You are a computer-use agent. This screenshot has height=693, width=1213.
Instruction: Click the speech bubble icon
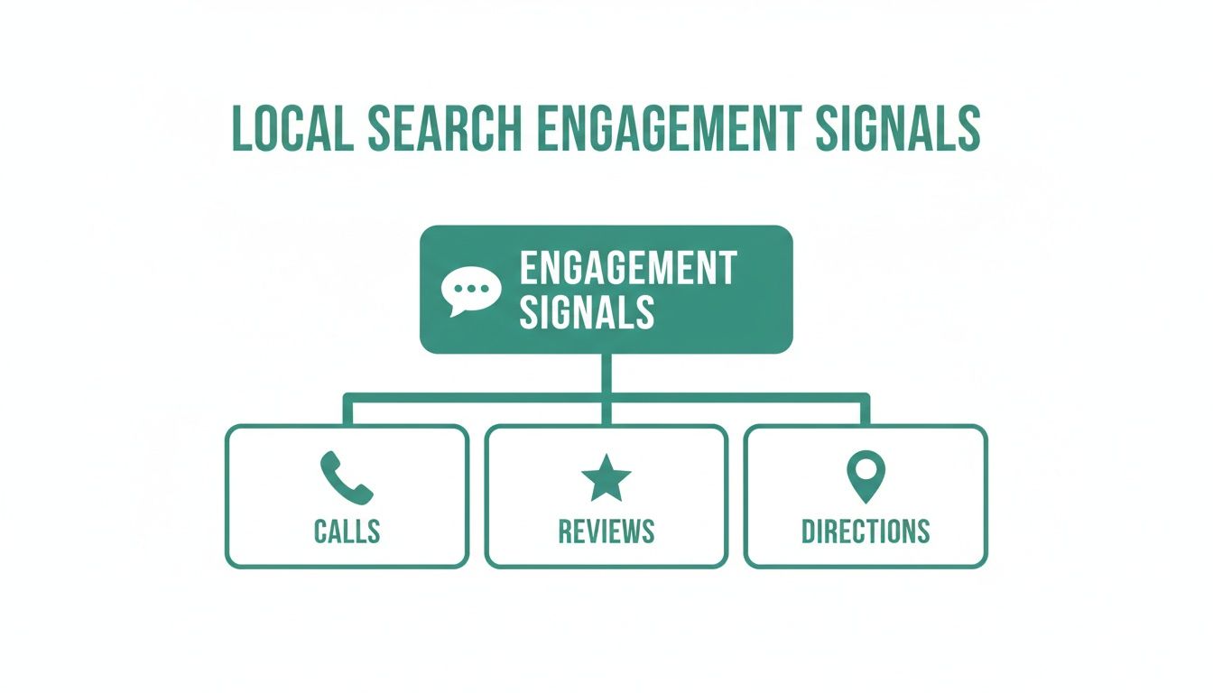(x=470, y=291)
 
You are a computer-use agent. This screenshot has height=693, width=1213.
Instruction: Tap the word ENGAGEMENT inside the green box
(x=628, y=268)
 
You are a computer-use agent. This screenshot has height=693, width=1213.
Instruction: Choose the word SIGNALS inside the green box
(x=587, y=311)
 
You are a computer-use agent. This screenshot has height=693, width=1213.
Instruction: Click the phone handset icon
(x=346, y=478)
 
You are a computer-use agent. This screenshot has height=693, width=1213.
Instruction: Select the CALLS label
(x=347, y=531)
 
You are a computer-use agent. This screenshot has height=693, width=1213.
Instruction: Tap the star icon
(x=606, y=479)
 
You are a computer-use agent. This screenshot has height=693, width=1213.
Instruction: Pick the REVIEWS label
(x=606, y=531)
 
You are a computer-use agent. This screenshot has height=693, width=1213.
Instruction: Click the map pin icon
(x=866, y=476)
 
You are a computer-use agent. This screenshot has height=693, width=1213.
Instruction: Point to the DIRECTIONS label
(x=866, y=531)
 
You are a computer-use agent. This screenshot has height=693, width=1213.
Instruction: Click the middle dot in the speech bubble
(x=471, y=288)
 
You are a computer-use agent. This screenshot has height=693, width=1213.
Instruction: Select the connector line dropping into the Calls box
(x=347, y=411)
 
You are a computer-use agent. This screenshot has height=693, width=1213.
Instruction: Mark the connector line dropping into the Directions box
(x=865, y=411)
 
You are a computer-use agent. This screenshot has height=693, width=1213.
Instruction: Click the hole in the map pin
(x=866, y=468)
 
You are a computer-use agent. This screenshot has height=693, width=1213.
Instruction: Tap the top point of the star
(x=606, y=457)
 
